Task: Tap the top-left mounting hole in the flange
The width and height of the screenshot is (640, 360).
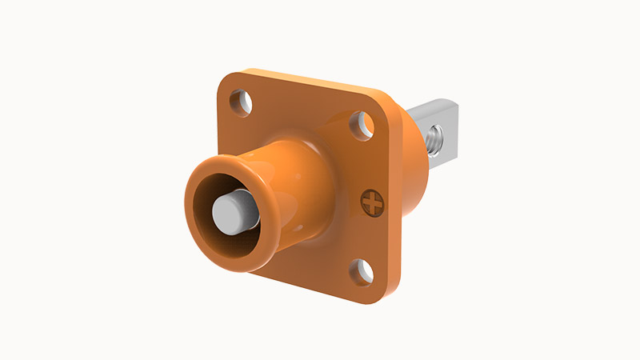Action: click(240, 102)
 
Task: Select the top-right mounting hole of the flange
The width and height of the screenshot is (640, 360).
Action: click(363, 123)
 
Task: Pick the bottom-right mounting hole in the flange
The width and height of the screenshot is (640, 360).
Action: click(362, 272)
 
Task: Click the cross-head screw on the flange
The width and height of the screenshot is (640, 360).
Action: click(372, 203)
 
